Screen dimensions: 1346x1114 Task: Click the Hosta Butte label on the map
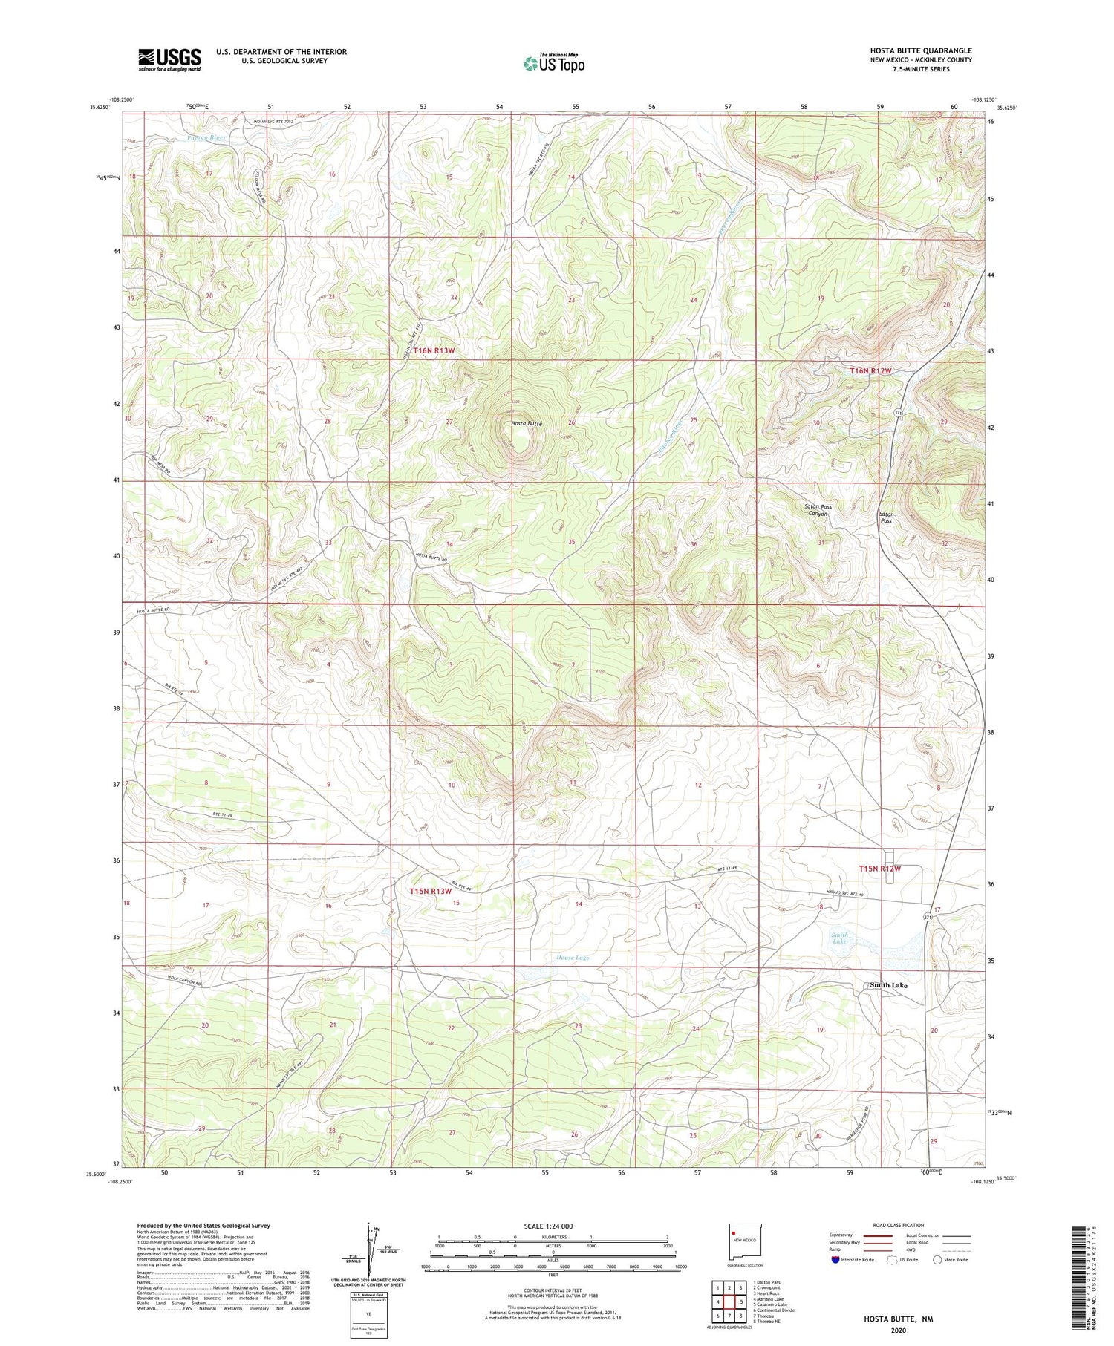tap(527, 423)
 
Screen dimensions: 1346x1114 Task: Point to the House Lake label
tap(573, 958)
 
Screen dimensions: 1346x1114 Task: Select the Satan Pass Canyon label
tap(818, 510)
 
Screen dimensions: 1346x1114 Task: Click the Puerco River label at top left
tap(206, 138)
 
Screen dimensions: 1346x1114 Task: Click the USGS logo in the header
tap(169, 59)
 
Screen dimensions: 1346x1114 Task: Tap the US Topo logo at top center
tap(553, 64)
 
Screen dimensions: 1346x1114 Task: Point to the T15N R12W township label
tap(879, 869)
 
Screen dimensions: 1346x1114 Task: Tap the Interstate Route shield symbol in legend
tap(835, 1260)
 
